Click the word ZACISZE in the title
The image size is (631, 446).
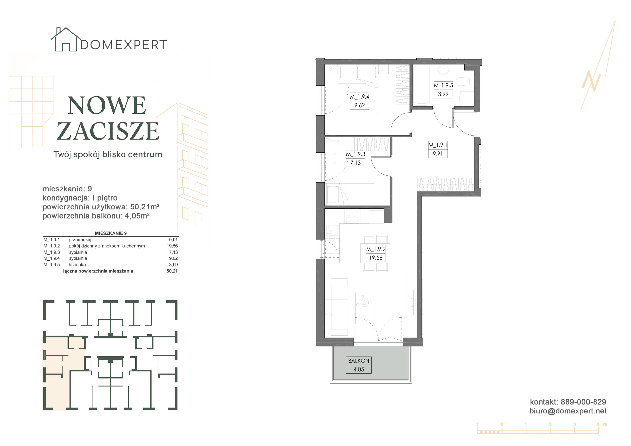tap(108, 131)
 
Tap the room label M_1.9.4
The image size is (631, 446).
tap(359, 97)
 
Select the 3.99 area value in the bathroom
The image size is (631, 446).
tap(443, 94)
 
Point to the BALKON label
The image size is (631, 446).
tap(358, 361)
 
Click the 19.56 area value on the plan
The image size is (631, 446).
tap(375, 258)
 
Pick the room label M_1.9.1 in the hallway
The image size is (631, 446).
tap(438, 145)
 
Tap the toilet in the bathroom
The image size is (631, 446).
tap(464, 82)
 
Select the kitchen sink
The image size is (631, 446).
tap(332, 231)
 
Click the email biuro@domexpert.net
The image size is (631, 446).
tap(568, 411)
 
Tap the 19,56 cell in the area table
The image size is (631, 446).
tap(172, 246)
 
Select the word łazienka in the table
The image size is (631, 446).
tap(77, 265)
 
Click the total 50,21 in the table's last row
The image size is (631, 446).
tap(172, 271)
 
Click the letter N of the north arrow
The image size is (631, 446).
tap(591, 81)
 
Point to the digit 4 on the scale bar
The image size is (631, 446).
tap(598, 424)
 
